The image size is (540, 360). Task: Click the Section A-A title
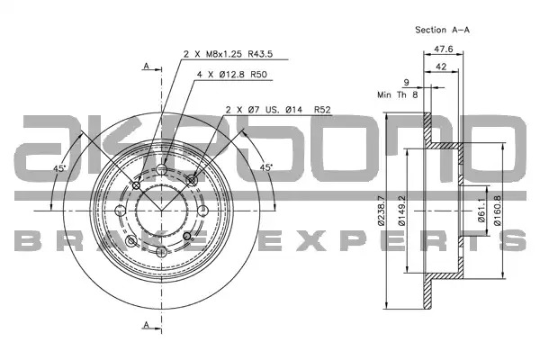pos(442,30)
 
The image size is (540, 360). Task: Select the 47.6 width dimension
pos(443,49)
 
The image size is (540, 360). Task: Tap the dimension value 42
pos(441,67)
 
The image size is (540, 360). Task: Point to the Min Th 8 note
pos(398,94)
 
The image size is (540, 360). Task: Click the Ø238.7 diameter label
pos(381,211)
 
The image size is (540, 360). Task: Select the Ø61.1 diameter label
pos(481,211)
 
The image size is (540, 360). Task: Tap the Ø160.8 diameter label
pos(498,211)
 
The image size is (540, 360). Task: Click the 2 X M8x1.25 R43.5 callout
pos(228,54)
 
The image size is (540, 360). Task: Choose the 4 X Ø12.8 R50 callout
pos(232,75)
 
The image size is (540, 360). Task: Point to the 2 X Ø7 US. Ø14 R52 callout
pos(278,110)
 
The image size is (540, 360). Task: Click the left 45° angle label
pos(59,168)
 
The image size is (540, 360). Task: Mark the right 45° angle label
pos(265,167)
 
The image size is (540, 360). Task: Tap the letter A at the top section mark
pos(147,66)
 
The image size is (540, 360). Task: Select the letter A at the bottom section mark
pos(147,324)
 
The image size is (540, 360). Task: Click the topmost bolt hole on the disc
pos(161,169)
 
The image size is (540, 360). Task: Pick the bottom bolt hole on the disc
pos(161,252)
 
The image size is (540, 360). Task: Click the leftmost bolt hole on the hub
pos(121,211)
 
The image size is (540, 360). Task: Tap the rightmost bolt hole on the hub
pos(202,211)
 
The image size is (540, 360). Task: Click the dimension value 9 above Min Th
pos(407,83)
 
